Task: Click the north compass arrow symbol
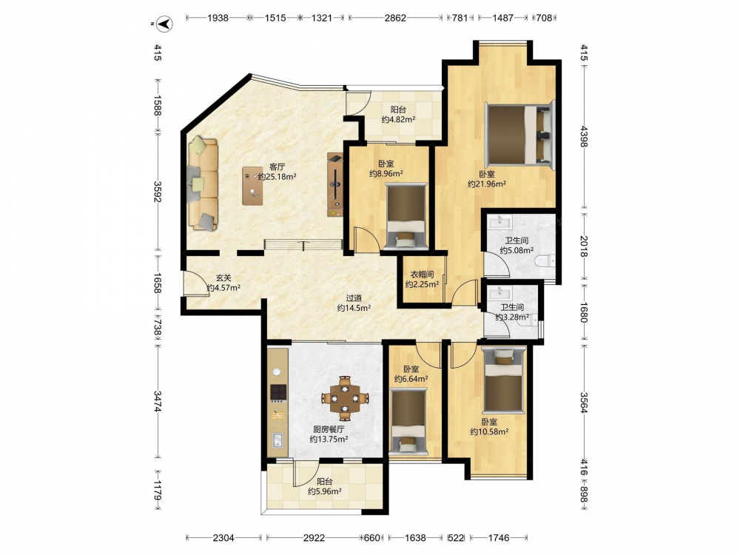(165, 24)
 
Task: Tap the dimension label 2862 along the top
(395, 18)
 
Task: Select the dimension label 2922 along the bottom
(314, 537)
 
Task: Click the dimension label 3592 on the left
(157, 192)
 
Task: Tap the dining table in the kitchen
(345, 398)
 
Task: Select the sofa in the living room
(203, 184)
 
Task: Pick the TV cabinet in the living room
(334, 185)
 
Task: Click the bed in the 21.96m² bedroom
(519, 135)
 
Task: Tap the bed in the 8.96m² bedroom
(406, 215)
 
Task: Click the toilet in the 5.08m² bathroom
(545, 260)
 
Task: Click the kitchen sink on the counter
(277, 440)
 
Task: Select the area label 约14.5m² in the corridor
(354, 308)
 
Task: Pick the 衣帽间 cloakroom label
(422, 275)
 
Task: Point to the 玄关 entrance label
(223, 278)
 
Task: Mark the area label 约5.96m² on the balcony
(325, 491)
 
